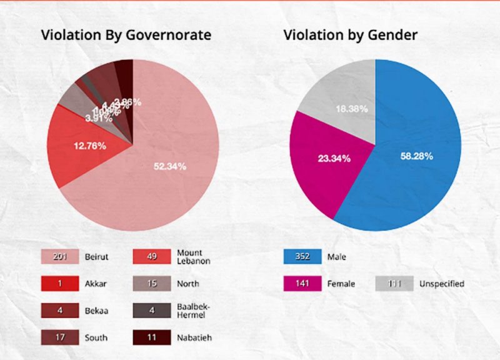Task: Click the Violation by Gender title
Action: point(350,35)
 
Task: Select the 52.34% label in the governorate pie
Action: point(170,166)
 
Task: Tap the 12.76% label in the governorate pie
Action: point(90,146)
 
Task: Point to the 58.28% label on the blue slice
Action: point(417,156)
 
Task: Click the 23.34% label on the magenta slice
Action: point(334,159)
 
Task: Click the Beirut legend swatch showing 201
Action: point(59,256)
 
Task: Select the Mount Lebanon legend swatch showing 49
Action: point(152,256)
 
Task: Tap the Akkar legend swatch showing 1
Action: point(59,284)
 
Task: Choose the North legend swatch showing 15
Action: point(152,284)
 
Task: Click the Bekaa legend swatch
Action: point(59,311)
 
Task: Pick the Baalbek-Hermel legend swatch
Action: point(152,311)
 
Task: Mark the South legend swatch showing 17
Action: point(59,337)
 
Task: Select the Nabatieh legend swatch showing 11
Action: point(152,337)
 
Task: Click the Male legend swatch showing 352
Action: point(302,256)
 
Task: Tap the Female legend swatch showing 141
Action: point(302,284)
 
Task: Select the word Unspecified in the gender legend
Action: point(442,284)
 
